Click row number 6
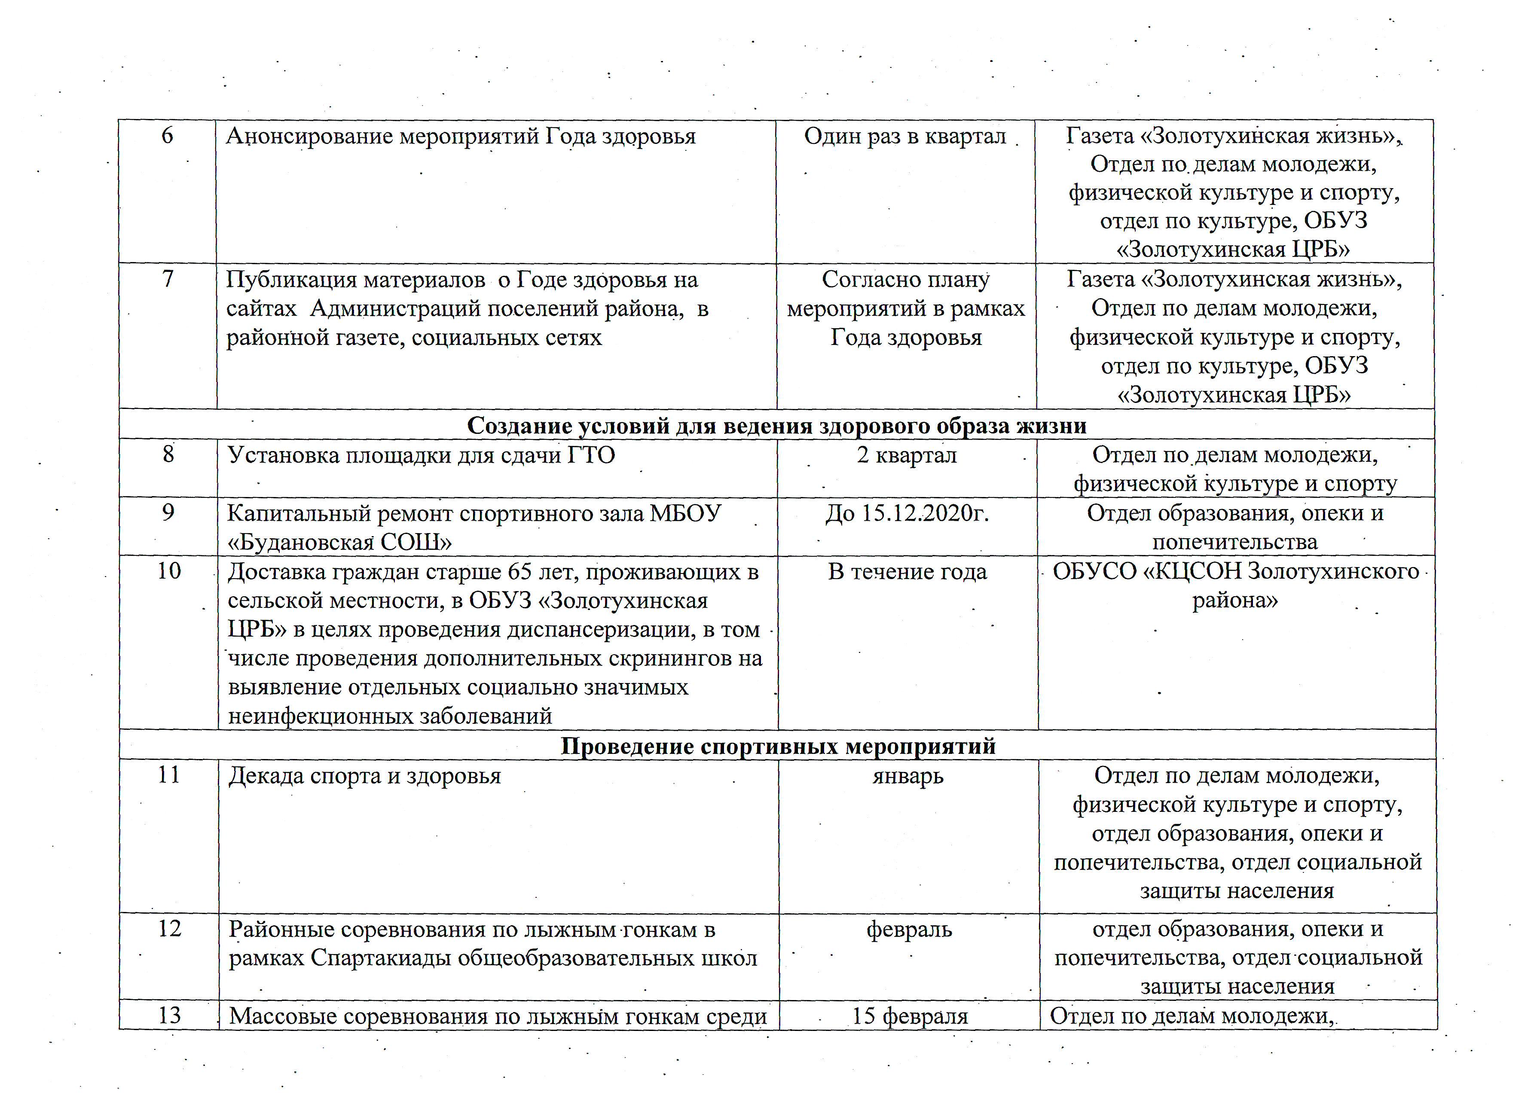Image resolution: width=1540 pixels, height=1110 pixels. (x=167, y=136)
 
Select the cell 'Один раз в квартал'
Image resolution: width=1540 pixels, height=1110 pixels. (x=905, y=137)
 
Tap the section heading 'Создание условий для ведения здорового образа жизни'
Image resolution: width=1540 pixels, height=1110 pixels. (x=777, y=426)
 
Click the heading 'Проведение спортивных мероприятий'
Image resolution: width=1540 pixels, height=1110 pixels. (x=778, y=746)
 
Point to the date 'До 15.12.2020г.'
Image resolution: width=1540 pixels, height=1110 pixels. (x=907, y=513)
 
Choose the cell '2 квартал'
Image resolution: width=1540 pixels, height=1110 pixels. (x=907, y=455)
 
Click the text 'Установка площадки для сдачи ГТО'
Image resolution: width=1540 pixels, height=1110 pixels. (x=421, y=455)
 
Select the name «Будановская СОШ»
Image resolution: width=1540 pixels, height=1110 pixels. (x=339, y=543)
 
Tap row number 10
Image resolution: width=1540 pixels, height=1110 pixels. (x=169, y=571)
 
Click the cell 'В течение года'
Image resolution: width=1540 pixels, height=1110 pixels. (x=907, y=572)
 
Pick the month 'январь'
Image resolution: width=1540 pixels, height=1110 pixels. (x=908, y=776)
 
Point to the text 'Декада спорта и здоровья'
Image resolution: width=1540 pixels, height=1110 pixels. (x=365, y=776)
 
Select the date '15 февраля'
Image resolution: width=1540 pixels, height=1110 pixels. (x=910, y=1016)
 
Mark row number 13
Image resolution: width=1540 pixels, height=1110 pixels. (x=169, y=1015)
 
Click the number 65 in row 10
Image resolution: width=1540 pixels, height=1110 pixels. (x=520, y=572)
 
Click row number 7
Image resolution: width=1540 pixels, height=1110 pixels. (x=168, y=279)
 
